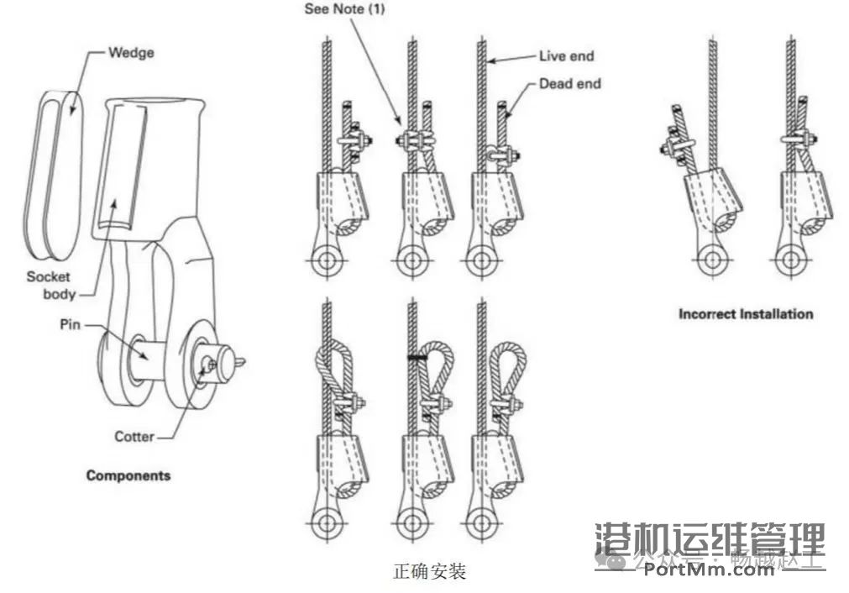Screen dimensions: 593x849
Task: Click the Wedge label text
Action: coord(131,53)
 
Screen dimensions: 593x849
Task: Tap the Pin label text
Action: coord(71,323)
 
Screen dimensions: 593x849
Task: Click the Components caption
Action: coord(128,475)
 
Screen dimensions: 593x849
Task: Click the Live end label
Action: coord(566,56)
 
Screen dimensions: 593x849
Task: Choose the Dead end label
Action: coord(569,83)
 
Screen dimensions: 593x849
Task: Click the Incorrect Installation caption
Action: coord(746,314)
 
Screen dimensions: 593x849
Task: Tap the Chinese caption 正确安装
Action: coord(429,572)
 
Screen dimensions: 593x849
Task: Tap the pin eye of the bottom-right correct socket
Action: coord(481,525)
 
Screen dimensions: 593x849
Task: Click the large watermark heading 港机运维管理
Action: coord(710,537)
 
